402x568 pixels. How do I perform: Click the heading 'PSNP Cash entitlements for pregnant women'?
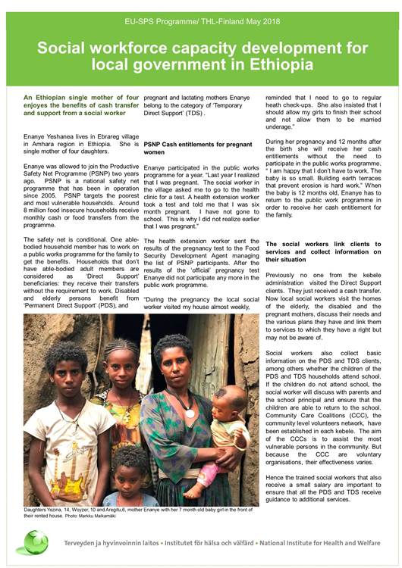click(198, 147)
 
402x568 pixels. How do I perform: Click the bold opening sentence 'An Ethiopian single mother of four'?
click(80, 98)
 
